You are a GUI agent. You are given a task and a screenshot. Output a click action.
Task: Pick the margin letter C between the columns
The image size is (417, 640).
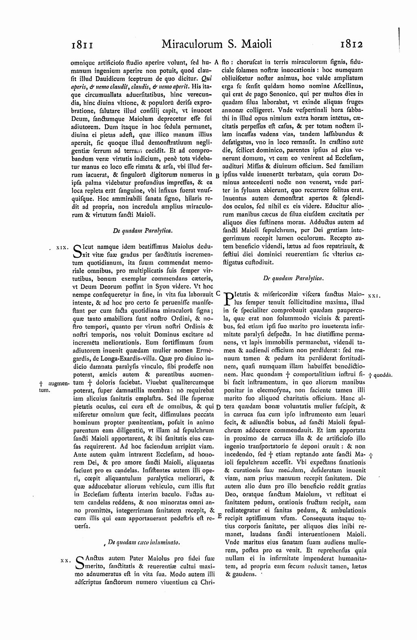click(x=218, y=292)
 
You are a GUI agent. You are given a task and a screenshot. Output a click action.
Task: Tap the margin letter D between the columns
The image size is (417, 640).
click(x=218, y=407)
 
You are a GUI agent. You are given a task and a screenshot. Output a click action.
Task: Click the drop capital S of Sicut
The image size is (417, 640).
click(x=77, y=251)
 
